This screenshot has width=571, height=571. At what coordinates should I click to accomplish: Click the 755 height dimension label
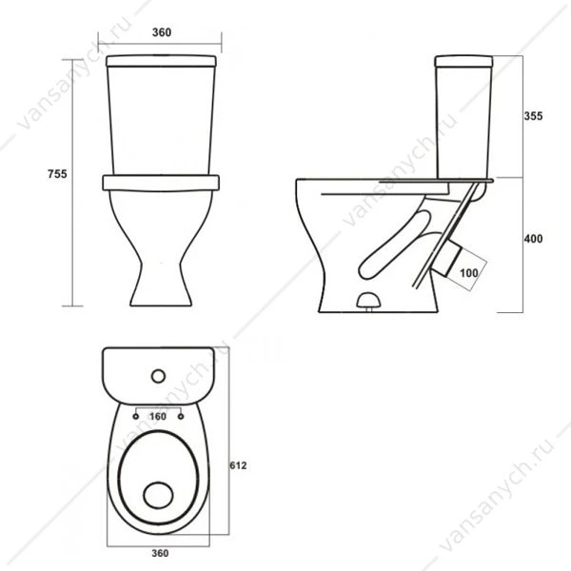pyautogui.click(x=57, y=174)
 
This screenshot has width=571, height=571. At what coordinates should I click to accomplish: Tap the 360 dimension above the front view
pyautogui.click(x=162, y=32)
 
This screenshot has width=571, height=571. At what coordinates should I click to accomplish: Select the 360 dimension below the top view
pyautogui.click(x=160, y=553)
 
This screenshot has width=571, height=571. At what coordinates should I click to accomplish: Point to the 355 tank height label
pyautogui.click(x=533, y=116)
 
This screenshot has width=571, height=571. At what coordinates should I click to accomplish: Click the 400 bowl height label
pyautogui.click(x=533, y=239)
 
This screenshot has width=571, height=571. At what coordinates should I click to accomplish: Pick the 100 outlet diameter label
pyautogui.click(x=468, y=273)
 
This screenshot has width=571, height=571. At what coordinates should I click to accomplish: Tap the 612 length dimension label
pyautogui.click(x=238, y=465)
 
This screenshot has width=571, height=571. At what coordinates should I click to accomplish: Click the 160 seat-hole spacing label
pyautogui.click(x=158, y=416)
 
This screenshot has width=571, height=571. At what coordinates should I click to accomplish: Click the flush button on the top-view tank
pyautogui.click(x=158, y=376)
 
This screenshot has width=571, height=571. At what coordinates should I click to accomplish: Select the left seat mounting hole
pyautogui.click(x=136, y=416)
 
